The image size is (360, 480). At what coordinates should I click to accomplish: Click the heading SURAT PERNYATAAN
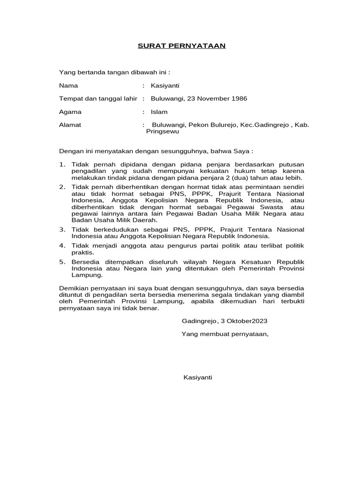coord(182,45)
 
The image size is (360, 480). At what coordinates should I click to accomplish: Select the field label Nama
coord(68,86)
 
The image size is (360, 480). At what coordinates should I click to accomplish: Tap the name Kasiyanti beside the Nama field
coord(165,86)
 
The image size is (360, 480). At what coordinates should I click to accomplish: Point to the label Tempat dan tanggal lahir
coord(97,98)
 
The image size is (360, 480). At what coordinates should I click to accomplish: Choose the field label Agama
coord(70,112)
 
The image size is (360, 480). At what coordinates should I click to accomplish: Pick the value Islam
coord(159,112)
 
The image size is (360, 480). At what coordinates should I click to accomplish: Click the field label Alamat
coord(70,125)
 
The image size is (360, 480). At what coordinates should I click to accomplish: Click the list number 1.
coord(62,164)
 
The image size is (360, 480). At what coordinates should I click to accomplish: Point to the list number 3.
coord(62,229)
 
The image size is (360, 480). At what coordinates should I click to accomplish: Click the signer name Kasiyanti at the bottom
coord(198,377)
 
